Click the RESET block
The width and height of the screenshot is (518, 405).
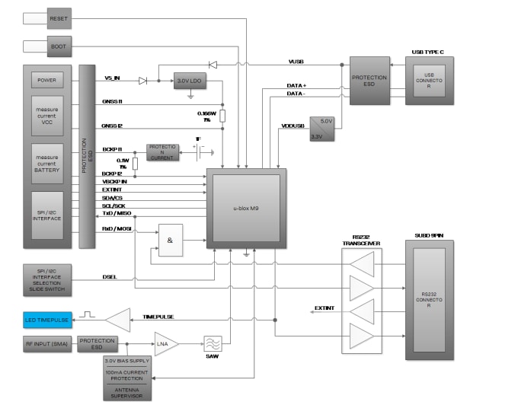tap(59, 18)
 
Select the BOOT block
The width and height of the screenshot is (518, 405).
tap(59, 46)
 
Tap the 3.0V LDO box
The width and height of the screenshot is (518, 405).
tap(190, 81)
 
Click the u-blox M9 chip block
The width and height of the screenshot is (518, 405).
tap(246, 208)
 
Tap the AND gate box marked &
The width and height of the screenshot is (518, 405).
tap(170, 240)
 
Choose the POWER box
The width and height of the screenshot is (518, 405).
tap(47, 80)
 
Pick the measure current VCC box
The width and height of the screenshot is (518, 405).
tap(47, 115)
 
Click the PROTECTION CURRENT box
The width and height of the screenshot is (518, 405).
tap(163, 151)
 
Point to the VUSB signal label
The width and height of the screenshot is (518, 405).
tap(296, 61)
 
